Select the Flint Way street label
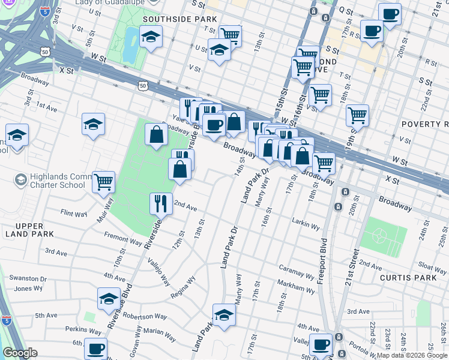[74, 213]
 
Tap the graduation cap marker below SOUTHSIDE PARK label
[150, 38]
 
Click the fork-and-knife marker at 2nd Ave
[161, 203]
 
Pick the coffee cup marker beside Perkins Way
[95, 348]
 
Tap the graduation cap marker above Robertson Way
[109, 298]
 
